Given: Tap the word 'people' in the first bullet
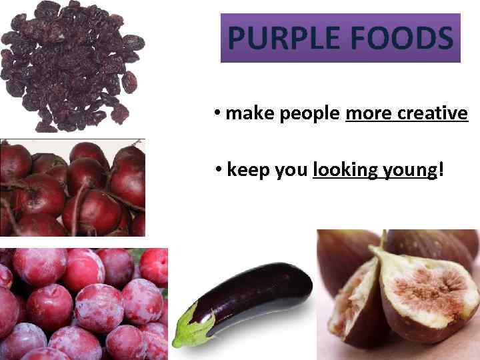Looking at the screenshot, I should pyautogui.click(x=310, y=115).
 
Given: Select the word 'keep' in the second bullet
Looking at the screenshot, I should pyautogui.click(x=249, y=171).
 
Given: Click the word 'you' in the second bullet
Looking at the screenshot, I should pyautogui.click(x=291, y=171).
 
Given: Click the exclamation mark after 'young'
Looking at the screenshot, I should pyautogui.click(x=441, y=170).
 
